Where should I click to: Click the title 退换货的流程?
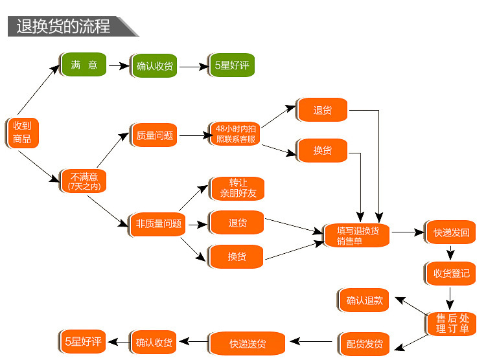[64, 26]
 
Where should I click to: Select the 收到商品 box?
[22, 132]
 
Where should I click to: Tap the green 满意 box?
[84, 65]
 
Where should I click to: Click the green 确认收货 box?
[154, 66]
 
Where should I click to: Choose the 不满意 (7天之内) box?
[84, 180]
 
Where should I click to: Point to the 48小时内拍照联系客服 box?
[235, 134]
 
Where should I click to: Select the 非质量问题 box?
[156, 224]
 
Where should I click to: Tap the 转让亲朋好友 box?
[237, 188]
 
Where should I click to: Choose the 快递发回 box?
[451, 232]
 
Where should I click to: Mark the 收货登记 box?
[451, 273]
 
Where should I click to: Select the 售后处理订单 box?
[452, 323]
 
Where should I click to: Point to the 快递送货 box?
[248, 343]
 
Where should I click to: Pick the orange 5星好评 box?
[83, 341]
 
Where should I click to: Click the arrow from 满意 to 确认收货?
[118, 65]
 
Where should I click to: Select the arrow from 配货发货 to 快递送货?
[312, 341]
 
